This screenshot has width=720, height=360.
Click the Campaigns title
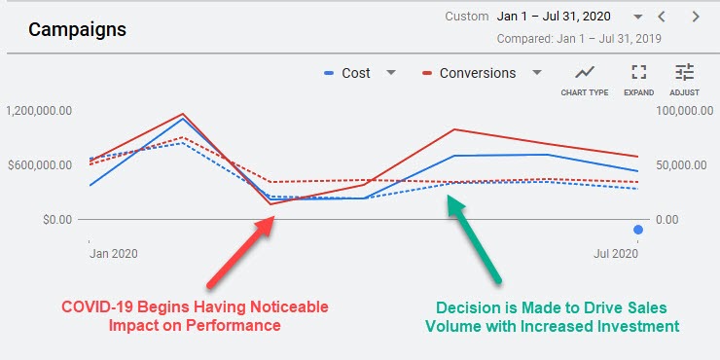tap(77, 29)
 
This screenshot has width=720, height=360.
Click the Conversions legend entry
tap(477, 73)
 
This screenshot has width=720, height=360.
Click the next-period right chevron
tap(695, 17)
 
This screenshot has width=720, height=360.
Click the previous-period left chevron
tap(662, 17)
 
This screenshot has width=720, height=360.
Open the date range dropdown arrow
tap(637, 17)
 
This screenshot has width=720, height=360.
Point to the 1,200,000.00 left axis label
tap(39, 111)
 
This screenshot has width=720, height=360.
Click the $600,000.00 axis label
tap(39, 165)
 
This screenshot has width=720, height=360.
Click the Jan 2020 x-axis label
tap(113, 254)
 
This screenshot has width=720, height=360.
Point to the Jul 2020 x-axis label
tap(615, 254)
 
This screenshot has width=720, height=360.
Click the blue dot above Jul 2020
tap(638, 230)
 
